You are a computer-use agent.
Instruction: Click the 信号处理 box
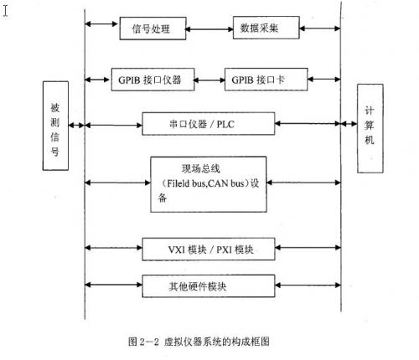[152, 28]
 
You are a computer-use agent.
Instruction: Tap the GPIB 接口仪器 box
[151, 83]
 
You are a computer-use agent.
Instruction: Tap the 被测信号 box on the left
[55, 125]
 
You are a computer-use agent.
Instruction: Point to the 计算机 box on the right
[369, 125]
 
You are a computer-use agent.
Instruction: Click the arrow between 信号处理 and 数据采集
[208, 28]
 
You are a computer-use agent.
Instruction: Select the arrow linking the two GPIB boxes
[209, 83]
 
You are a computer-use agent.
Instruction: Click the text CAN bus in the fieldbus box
[230, 182]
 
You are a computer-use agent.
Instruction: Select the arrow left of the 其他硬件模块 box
[112, 285]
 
